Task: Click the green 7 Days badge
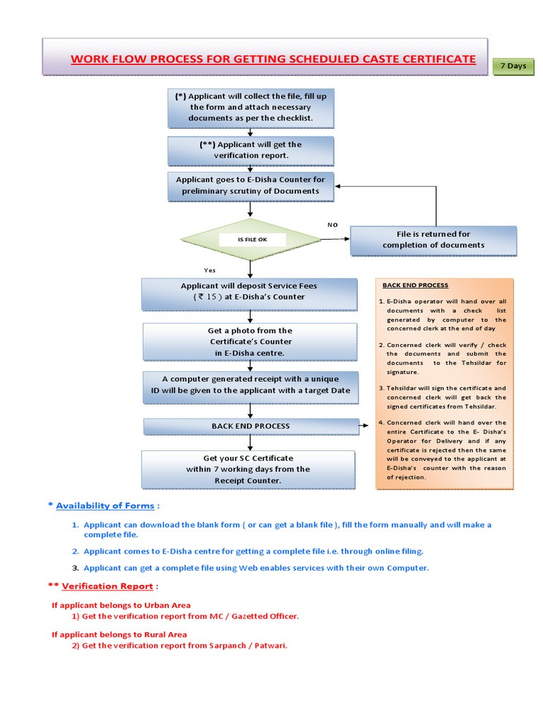513,66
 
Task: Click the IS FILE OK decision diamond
252,240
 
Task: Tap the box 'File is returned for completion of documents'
433,240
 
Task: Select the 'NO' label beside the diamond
332,225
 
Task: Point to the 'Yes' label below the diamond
210,270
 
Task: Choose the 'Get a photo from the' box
249,341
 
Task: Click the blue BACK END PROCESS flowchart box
250,426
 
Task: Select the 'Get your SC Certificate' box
248,469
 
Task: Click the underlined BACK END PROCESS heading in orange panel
415,286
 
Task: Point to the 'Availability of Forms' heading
106,506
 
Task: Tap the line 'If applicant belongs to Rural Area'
119,635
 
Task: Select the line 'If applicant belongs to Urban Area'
121,605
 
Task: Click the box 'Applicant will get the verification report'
250,150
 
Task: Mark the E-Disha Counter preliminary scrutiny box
250,185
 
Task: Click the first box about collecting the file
250,107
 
